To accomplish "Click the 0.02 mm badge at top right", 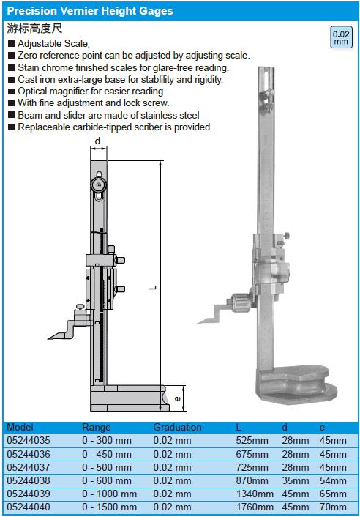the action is (341, 37).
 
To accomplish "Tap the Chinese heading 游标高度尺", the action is (34, 29).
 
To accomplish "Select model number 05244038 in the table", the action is (29, 480).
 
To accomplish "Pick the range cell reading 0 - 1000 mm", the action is (109, 494).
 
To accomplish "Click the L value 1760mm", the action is (255, 507).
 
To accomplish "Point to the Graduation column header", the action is (177, 428).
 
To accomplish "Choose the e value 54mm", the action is (333, 480).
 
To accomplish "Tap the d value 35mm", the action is (296, 480).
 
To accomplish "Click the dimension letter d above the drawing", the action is (98, 141).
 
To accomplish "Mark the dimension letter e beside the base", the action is (178, 398).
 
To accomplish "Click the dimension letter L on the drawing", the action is (153, 288).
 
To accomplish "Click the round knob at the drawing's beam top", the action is (99, 185).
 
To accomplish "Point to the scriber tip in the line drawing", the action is (48, 338).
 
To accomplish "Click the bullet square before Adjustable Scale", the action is (11, 43).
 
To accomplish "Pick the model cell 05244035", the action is (29, 441).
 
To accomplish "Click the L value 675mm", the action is (252, 454).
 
